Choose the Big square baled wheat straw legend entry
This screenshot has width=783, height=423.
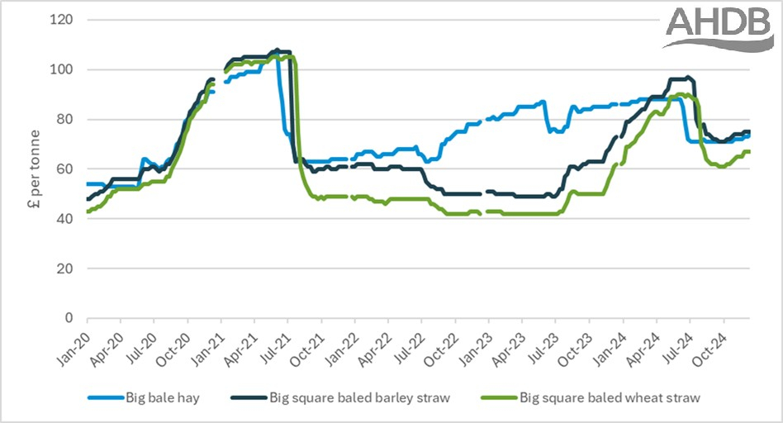[x=610, y=398]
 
